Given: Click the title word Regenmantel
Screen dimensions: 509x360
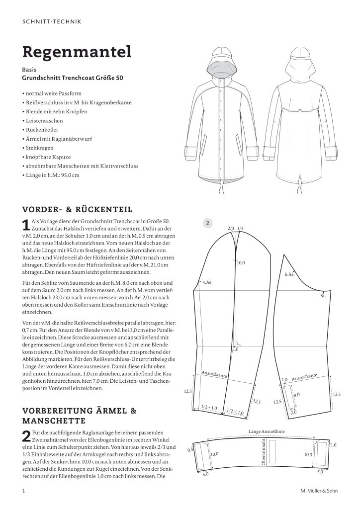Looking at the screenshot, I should click(x=77, y=51).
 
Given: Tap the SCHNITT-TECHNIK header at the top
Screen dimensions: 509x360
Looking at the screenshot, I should click(x=52, y=21).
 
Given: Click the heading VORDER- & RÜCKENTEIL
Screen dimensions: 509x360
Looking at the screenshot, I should click(x=77, y=209).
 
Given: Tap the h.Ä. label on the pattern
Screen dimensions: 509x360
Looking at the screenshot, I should click(x=289, y=274).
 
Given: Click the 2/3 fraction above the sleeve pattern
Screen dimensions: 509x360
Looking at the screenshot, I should click(x=230, y=228).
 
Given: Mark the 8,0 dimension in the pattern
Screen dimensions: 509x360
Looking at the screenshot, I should click(x=296, y=394).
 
